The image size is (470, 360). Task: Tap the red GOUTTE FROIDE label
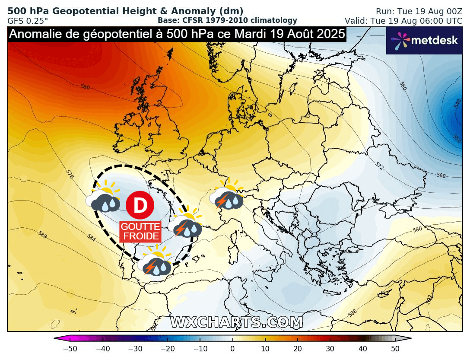(140, 232)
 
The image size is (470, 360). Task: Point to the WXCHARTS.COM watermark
(236, 322)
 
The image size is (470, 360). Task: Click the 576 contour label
(70, 174)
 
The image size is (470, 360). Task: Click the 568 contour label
(441, 175)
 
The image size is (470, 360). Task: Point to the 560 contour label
(403, 86)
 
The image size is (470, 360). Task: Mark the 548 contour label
(457, 103)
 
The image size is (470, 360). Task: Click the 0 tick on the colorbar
(232, 348)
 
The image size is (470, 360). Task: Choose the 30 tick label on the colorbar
(330, 348)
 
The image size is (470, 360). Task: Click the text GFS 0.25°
(28, 20)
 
